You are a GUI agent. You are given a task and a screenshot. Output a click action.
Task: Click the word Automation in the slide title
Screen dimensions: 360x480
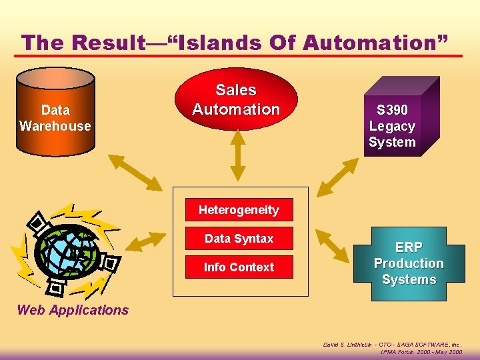coord(381,43)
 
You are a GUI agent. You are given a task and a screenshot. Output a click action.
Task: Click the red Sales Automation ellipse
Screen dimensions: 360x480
coord(236,100)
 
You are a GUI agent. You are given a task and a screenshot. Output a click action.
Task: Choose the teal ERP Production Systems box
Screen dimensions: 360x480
coord(408,263)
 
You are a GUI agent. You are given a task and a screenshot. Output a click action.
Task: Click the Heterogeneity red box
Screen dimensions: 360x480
coord(239,210)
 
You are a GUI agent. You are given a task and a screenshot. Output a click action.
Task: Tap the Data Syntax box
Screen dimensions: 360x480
coord(239,239)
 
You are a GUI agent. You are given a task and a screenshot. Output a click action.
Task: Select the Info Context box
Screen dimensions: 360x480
coord(239,267)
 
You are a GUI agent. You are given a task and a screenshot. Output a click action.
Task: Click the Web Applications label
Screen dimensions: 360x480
coord(73,309)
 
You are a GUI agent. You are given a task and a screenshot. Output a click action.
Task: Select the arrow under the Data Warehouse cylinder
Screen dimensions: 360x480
coord(135,172)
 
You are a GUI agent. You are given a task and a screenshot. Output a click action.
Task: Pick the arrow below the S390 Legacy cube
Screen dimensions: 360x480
coord(338,174)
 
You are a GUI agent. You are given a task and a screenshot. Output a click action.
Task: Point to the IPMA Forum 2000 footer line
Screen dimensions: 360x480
coord(421,352)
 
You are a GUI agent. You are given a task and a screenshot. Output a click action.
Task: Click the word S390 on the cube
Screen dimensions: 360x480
coord(392,110)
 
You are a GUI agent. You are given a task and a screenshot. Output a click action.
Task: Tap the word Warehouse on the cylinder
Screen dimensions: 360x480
coord(55,126)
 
